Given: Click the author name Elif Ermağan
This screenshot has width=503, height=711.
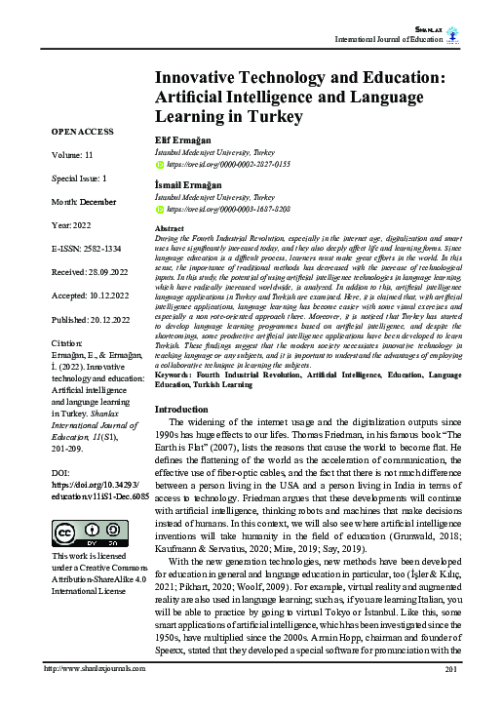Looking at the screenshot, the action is (183, 139).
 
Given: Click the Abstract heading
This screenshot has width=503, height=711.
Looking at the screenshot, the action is (172, 226).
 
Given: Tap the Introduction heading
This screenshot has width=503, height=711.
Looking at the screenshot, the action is (189, 436).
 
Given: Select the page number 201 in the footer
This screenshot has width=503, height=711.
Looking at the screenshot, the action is (450, 697).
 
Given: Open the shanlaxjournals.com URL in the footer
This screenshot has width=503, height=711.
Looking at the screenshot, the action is (85, 697).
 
